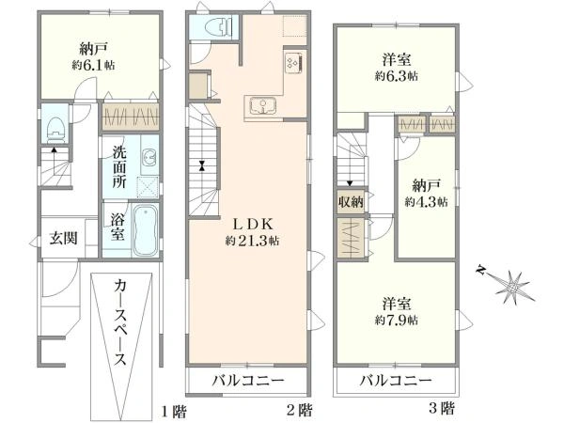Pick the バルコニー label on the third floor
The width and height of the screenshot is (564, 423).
pyautogui.click(x=395, y=383)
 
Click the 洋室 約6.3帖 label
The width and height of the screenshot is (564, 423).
pyautogui.click(x=395, y=66)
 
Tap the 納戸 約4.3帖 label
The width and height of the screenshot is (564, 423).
pyautogui.click(x=425, y=193)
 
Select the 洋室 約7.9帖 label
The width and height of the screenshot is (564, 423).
pyautogui.click(x=399, y=311)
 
